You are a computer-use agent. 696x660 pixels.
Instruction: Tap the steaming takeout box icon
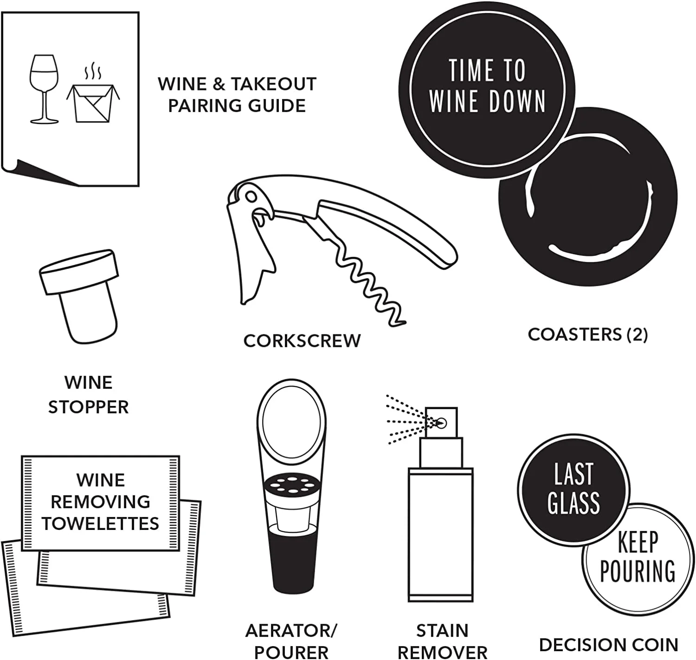93,100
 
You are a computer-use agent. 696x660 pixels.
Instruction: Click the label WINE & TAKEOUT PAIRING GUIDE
237,95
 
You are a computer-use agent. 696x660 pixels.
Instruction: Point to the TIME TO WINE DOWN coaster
486,86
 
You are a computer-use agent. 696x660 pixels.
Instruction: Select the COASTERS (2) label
587,334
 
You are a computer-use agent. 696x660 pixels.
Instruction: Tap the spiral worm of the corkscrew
367,283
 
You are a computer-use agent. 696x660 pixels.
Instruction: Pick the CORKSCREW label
302,340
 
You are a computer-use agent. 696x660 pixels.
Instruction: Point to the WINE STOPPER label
88,395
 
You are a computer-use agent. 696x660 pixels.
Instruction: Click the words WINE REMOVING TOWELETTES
100,502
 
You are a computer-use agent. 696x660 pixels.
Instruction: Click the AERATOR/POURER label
291,641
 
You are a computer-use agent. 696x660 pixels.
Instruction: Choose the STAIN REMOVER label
442,641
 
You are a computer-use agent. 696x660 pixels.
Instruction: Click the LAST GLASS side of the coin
574,488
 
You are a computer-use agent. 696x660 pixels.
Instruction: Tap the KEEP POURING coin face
638,557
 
